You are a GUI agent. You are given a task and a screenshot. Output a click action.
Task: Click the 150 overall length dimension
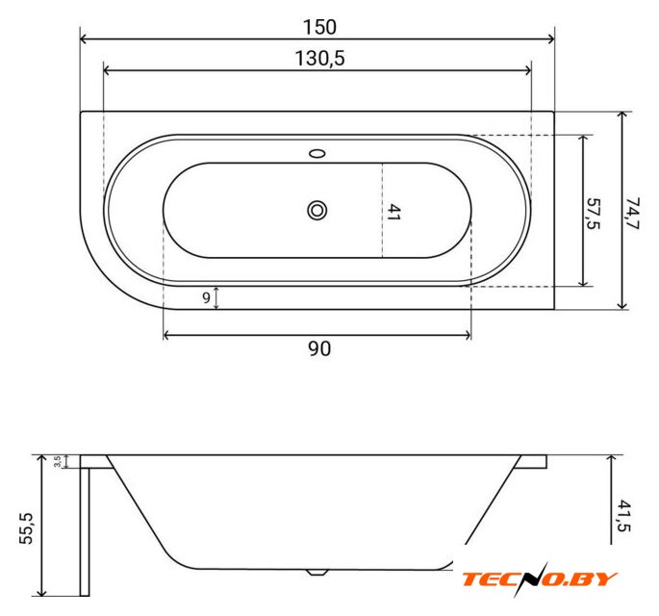319,27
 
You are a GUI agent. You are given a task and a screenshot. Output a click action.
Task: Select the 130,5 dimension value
319,58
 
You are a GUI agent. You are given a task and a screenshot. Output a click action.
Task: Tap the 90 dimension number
319,348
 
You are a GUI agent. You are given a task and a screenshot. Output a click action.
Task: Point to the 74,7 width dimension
632,213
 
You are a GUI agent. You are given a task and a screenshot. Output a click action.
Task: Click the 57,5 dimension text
593,214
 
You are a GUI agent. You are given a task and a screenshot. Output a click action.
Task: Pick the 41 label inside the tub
393,213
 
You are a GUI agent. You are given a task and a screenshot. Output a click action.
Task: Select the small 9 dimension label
206,297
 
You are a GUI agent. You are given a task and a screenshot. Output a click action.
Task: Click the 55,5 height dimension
26,528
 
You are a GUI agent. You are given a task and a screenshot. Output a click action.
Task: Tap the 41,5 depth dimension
624,516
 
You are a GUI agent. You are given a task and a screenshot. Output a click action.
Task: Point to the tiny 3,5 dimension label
57,461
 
